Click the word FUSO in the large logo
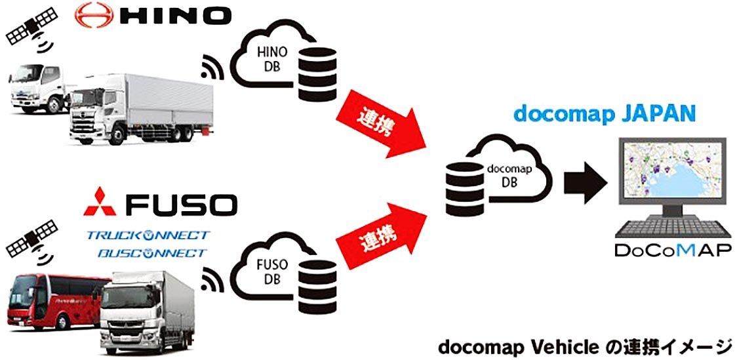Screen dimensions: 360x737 [180, 204]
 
